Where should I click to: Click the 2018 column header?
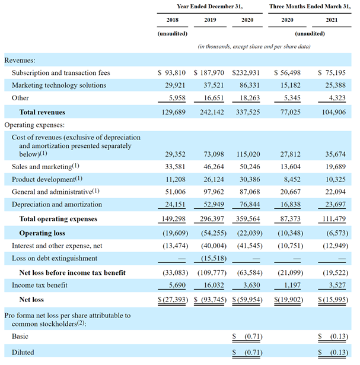click(x=172, y=21)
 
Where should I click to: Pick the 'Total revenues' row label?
click(x=42, y=112)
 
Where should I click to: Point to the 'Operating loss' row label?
click(x=42, y=233)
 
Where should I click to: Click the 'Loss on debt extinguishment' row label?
click(x=55, y=258)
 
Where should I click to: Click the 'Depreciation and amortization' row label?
click(x=59, y=204)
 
